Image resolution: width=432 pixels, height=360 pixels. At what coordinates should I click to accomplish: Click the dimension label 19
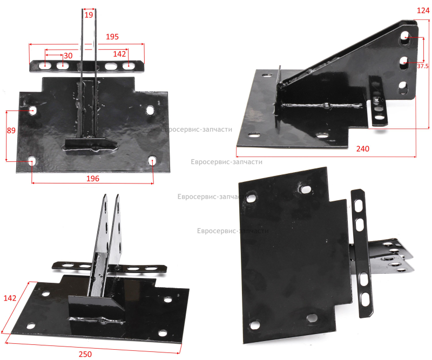89,15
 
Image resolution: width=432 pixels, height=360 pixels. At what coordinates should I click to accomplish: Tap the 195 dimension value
112,37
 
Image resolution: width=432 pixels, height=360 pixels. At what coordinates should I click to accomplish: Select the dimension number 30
68,56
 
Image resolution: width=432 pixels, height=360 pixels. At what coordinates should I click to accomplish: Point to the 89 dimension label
11,130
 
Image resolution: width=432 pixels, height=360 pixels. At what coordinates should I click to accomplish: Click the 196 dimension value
93,179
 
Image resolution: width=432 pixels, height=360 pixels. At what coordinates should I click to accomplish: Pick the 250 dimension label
85,354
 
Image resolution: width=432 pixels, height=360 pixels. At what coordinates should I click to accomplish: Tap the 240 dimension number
362,149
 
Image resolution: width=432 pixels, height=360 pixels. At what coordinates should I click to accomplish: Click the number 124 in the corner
423,10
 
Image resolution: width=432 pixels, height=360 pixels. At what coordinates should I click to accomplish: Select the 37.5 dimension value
423,66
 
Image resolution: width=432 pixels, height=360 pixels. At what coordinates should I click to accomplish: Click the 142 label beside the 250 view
10,298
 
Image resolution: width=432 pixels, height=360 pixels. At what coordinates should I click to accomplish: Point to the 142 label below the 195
119,54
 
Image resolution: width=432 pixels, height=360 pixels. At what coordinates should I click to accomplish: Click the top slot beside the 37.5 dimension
404,37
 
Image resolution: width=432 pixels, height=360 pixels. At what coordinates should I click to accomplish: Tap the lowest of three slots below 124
403,88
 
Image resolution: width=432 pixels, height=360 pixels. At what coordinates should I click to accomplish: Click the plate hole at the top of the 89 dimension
32,111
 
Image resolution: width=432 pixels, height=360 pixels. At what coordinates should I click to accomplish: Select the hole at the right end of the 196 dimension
152,161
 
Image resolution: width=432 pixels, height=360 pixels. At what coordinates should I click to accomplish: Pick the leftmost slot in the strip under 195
44,66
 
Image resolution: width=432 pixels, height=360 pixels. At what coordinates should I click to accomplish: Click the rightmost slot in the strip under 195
127,66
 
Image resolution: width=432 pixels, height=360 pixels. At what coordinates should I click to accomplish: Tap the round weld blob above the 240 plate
326,105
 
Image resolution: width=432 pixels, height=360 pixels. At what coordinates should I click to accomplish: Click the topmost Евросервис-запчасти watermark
197,129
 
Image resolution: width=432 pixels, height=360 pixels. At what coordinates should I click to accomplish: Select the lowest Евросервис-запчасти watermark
233,231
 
